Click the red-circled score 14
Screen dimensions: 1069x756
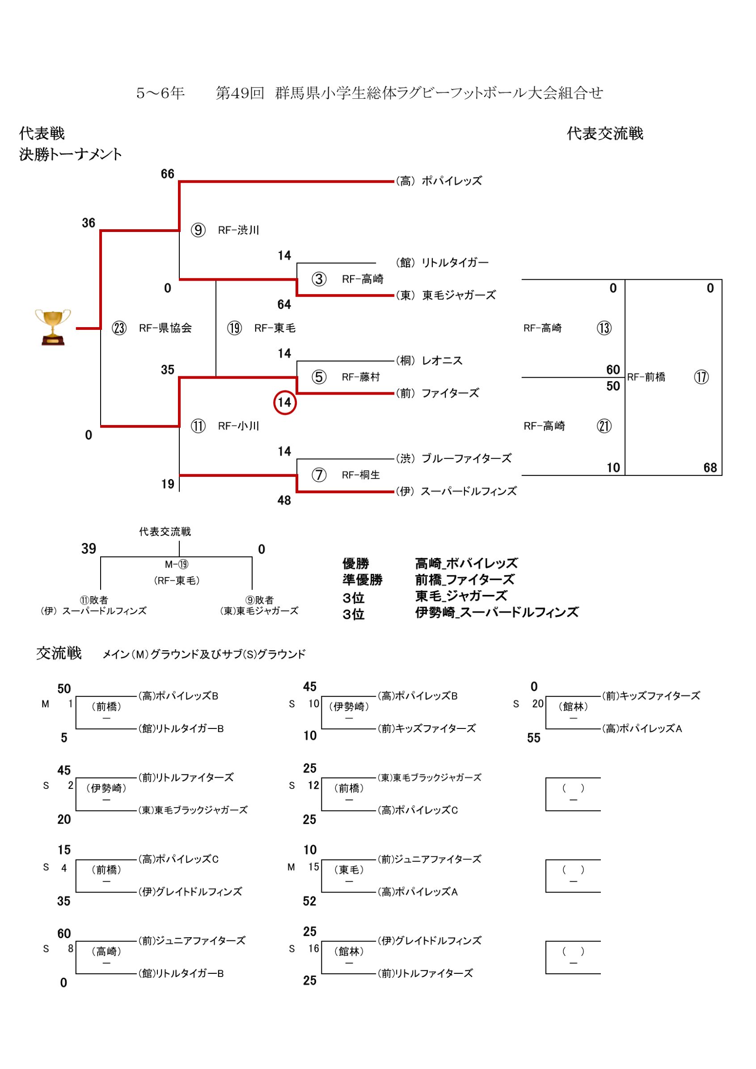[285, 402]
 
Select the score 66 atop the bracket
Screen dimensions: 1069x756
[167, 174]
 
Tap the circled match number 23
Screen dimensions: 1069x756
[119, 328]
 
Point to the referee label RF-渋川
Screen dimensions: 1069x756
[238, 231]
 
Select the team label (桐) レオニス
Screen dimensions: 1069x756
[429, 361]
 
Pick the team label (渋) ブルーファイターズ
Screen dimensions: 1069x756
[453, 459]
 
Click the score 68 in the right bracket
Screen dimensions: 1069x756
[710, 467]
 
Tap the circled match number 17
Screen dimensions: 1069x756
[701, 377]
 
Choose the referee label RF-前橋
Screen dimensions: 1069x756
[646, 377]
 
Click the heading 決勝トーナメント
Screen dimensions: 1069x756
[70, 154]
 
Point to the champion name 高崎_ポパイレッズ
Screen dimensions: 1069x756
[466, 564]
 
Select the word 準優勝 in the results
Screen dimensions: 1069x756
[363, 580]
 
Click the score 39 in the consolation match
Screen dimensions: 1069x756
[89, 549]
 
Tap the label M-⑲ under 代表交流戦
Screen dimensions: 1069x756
[177, 565]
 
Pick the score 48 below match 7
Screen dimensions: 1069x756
[284, 501]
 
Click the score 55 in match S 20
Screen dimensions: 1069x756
[534, 738]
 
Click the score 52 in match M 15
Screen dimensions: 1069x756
[309, 901]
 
